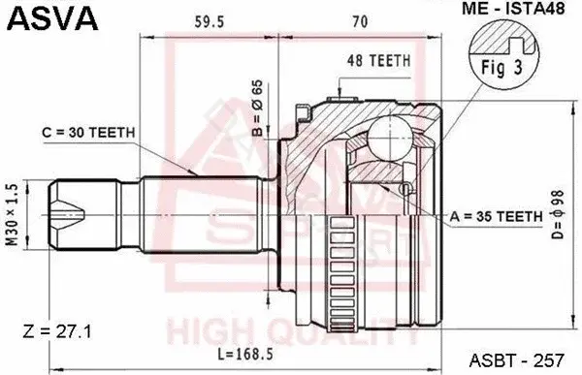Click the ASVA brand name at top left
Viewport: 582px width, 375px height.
point(52,17)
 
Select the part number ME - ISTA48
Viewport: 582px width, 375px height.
point(513,8)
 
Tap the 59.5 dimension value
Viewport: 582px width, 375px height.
point(210,22)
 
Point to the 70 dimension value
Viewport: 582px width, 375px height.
point(360,22)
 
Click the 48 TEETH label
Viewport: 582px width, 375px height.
point(379,61)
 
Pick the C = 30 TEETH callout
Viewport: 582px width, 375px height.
point(88,132)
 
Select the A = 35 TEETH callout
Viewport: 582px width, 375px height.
point(497,216)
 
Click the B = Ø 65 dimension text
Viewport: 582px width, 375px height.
point(257,108)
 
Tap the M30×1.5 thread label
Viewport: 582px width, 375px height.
point(13,215)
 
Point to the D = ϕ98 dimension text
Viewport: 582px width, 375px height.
point(558,215)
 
